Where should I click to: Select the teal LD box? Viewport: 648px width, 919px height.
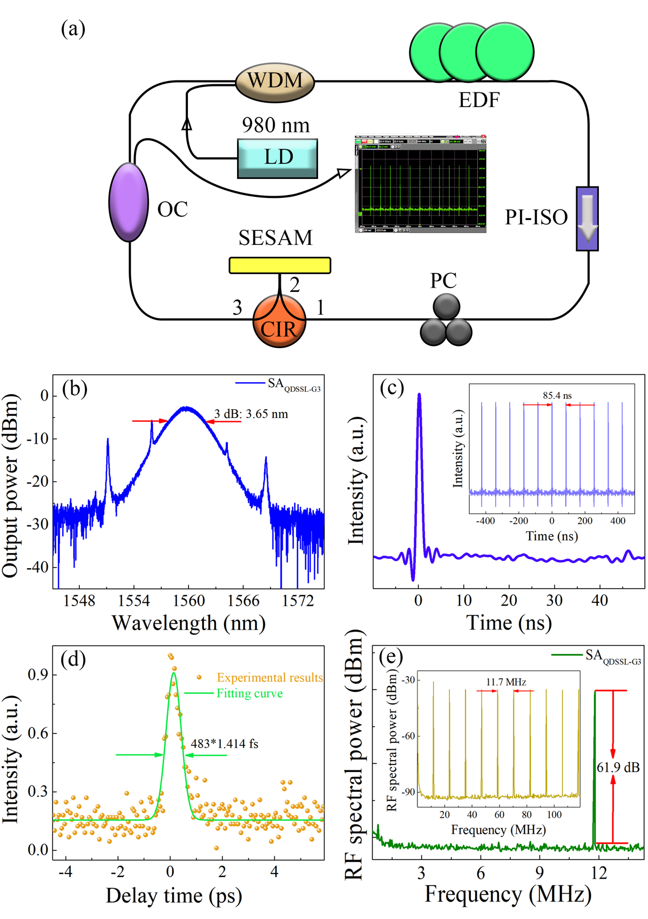[x=278, y=158]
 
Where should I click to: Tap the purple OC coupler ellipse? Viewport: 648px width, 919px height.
[x=129, y=202]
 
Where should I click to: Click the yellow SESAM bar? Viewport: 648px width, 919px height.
[x=280, y=265]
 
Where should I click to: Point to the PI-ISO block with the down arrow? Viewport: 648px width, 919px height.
[x=587, y=218]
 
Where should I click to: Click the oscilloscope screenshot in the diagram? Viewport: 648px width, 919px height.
[x=420, y=184]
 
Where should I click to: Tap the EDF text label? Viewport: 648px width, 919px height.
[x=479, y=100]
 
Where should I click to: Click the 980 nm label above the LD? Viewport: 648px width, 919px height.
[x=275, y=125]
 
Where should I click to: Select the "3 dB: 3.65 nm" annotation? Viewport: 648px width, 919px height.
[x=251, y=414]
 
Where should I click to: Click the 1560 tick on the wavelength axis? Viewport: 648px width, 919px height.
[x=188, y=601]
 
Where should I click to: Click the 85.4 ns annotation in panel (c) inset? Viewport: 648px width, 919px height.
[x=557, y=396]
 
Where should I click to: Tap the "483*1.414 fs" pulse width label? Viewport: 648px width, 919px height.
[x=225, y=744]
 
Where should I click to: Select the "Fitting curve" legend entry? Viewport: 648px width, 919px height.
[x=249, y=694]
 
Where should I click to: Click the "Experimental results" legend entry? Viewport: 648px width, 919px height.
[x=269, y=677]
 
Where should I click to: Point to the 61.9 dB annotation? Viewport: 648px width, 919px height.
[x=618, y=767]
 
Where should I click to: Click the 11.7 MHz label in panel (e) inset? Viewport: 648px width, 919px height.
[x=506, y=682]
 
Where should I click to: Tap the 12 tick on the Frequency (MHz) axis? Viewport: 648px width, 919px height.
[x=599, y=873]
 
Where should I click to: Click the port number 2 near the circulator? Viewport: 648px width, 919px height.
[x=294, y=285]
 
